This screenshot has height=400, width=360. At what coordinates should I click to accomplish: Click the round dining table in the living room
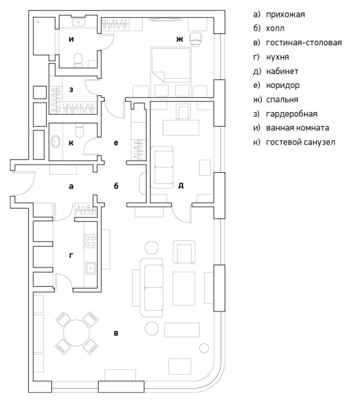click(76, 333)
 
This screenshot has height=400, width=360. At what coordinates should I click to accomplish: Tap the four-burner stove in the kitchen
click(90, 241)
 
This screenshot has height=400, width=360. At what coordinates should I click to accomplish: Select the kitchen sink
click(91, 268)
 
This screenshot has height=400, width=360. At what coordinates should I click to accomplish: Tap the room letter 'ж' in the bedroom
click(179, 39)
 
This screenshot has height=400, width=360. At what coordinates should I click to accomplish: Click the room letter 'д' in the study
click(181, 185)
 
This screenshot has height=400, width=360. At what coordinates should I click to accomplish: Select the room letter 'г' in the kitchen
click(71, 255)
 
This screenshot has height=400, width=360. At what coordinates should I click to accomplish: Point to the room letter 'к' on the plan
click(71, 143)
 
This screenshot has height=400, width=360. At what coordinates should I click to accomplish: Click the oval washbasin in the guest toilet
click(55, 141)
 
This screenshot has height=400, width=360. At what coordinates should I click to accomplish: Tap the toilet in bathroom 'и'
click(78, 61)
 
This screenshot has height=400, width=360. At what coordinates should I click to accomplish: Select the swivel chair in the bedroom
click(195, 39)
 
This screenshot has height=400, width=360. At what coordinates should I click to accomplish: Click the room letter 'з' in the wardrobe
click(71, 89)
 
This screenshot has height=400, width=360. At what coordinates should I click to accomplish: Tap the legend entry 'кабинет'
click(282, 71)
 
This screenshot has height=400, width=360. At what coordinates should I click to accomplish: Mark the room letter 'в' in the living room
click(116, 333)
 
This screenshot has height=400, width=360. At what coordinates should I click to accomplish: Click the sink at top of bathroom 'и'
click(79, 22)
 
